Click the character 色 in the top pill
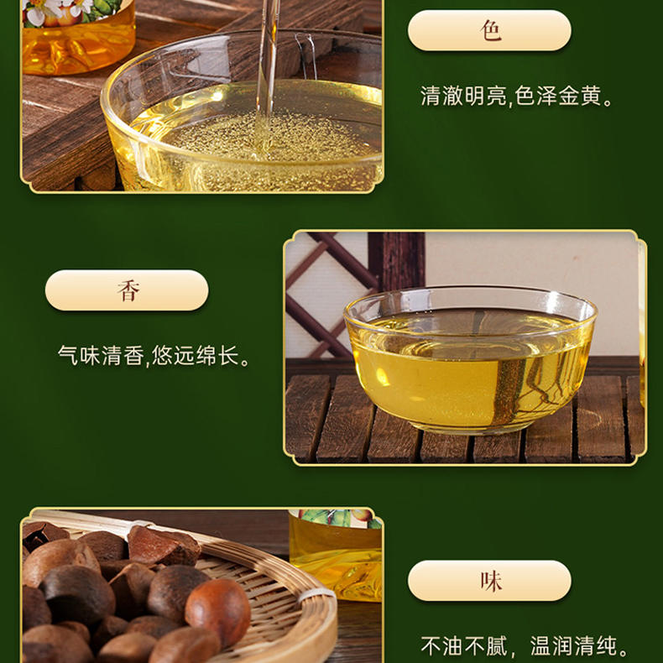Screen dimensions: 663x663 (x=490, y=31)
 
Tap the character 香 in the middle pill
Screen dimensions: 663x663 (x=128, y=290)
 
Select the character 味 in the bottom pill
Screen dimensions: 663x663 (x=490, y=581)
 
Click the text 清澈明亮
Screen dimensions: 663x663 (x=463, y=96)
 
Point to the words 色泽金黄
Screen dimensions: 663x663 (x=558, y=96)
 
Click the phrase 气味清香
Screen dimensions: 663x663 (x=101, y=355)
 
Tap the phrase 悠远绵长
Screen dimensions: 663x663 (x=196, y=355)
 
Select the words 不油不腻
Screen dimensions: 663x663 (x=464, y=646)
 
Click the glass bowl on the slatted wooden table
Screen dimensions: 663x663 (x=470, y=359)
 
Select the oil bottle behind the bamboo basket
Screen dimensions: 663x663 (x=337, y=554)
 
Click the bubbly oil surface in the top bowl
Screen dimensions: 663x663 (x=270, y=135)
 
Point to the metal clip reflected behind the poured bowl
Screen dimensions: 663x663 (x=306, y=55)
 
